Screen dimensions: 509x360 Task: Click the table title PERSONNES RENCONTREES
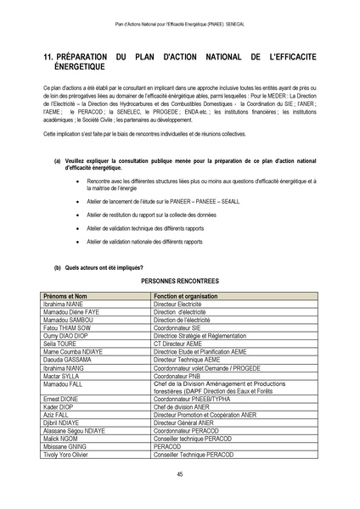tap(180, 278)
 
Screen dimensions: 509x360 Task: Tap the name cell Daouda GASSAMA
tap(66, 359)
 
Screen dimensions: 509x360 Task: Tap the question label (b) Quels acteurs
tap(85, 267)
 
